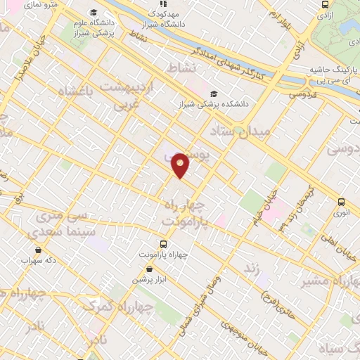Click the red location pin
pyautogui.click(x=181, y=165)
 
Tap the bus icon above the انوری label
pyautogui.click(x=341, y=200)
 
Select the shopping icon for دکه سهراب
pyautogui.click(x=37, y=250)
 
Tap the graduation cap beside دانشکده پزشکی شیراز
pyautogui.click(x=214, y=94)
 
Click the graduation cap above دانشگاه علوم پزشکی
pyautogui.click(x=94, y=14)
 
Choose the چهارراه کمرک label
pyautogui.click(x=105, y=306)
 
